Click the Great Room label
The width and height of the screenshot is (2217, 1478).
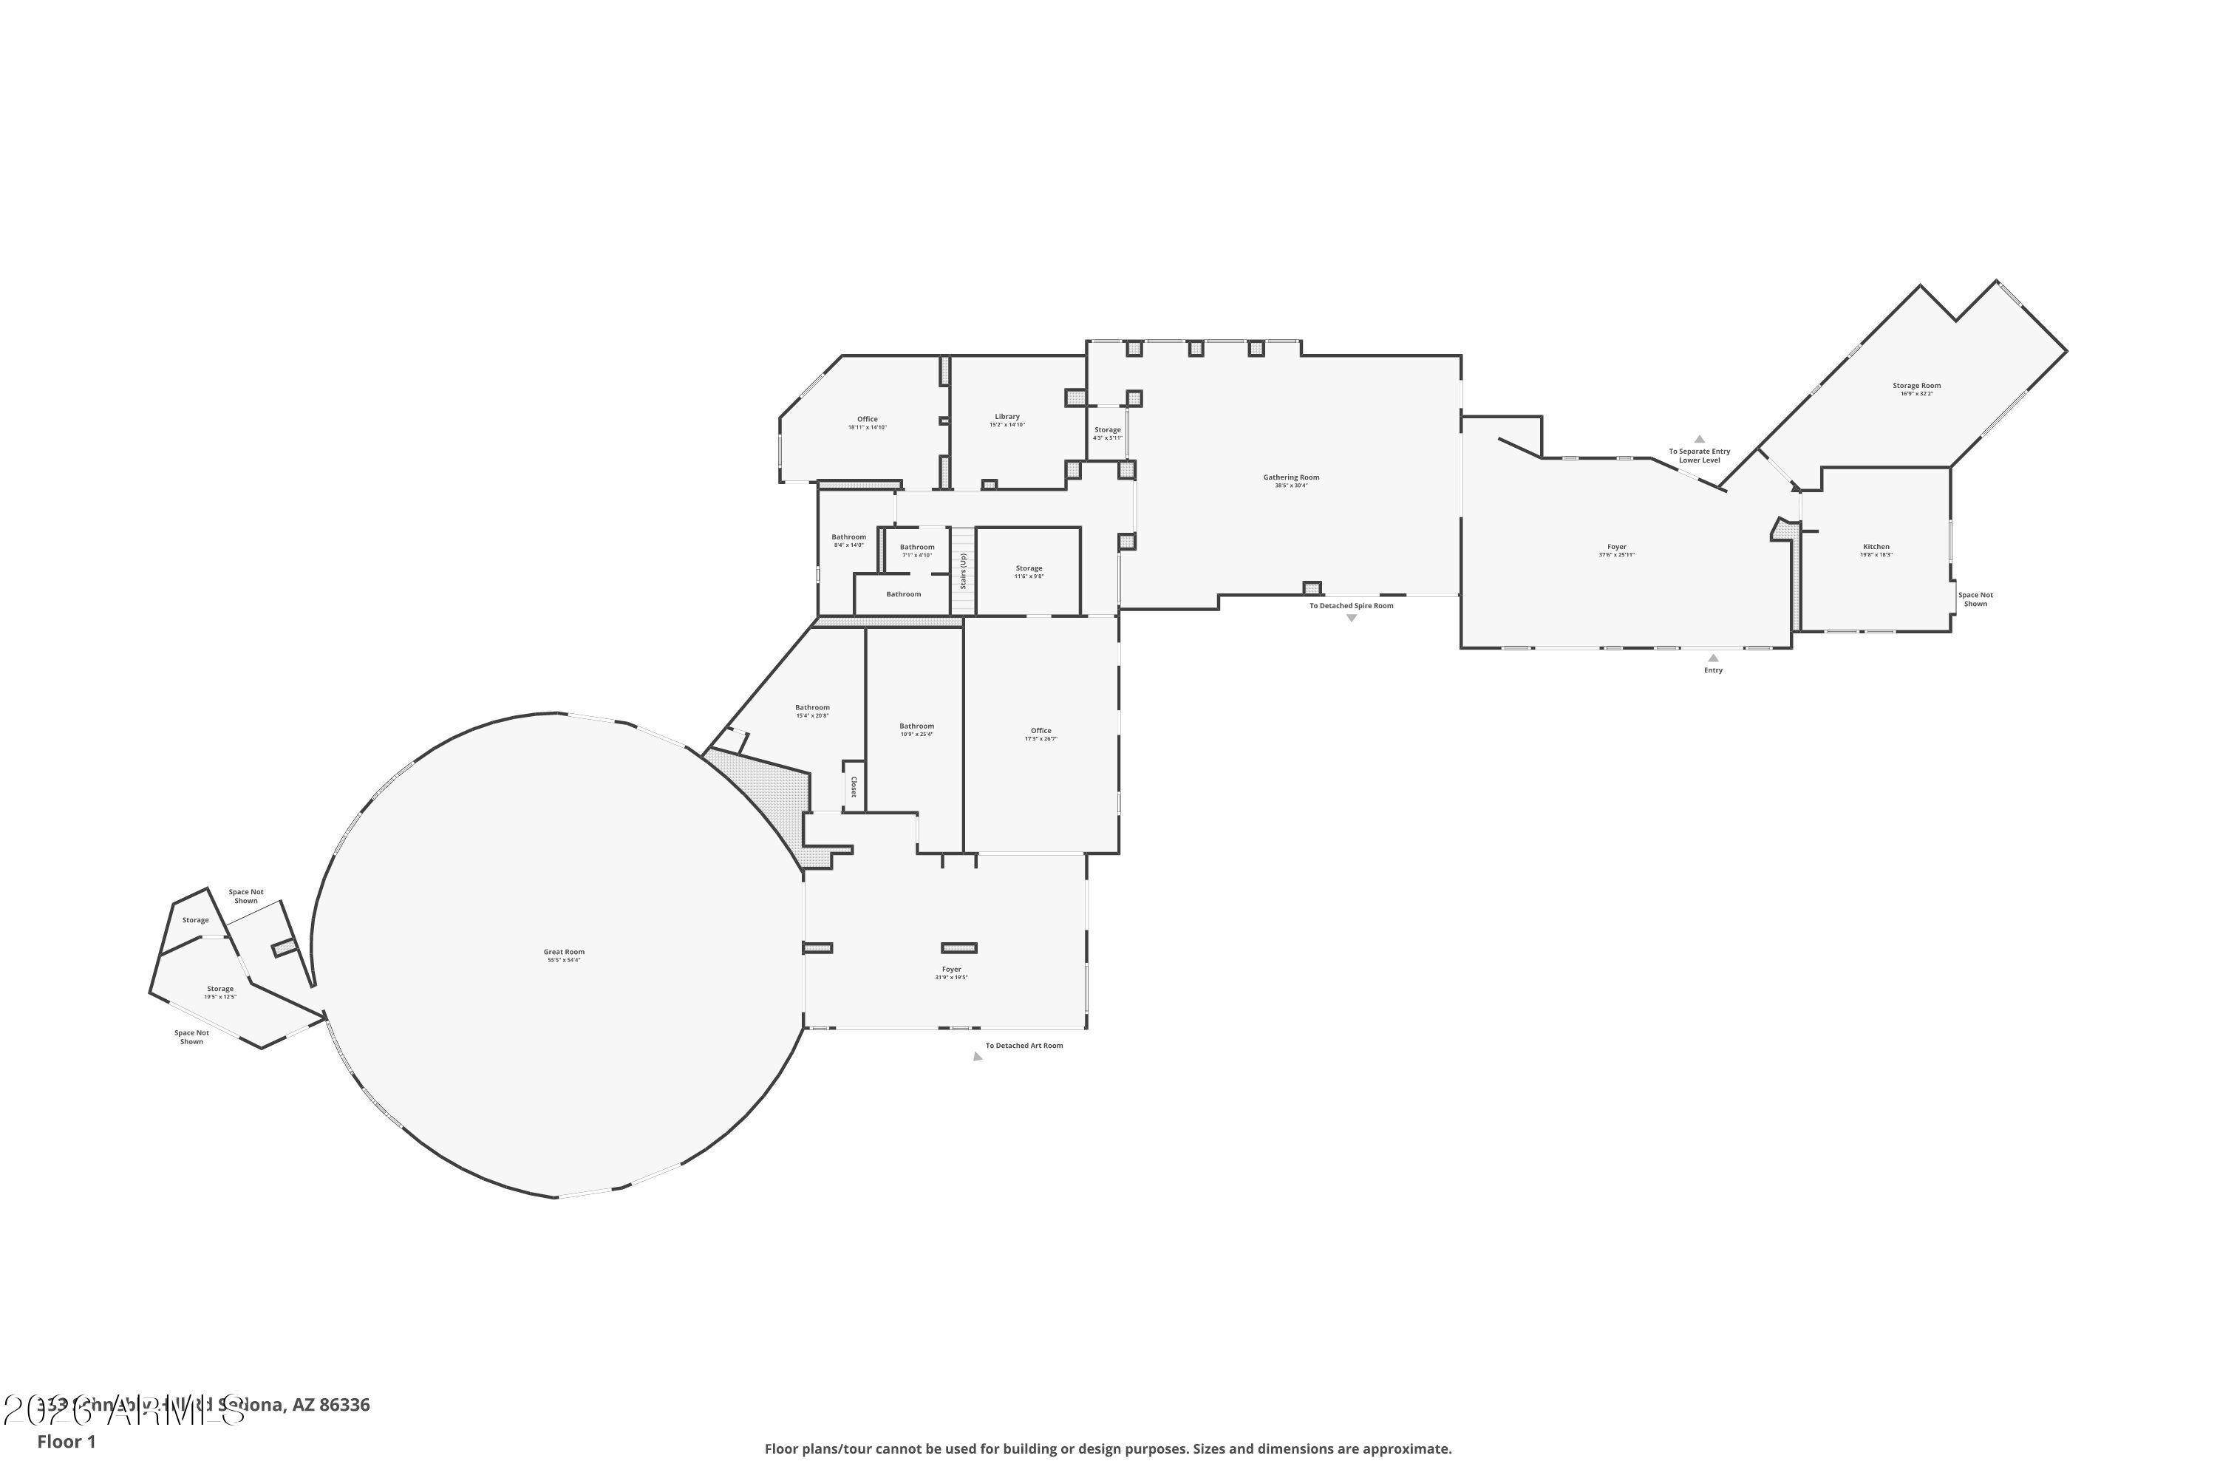click(x=564, y=952)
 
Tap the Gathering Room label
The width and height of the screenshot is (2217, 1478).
click(x=1291, y=477)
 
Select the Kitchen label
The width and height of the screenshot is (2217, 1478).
click(x=1876, y=547)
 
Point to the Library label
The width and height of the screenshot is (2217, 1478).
click(x=1007, y=417)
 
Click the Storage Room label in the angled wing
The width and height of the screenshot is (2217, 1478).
click(x=1916, y=386)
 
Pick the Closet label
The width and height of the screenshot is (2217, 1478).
click(x=854, y=786)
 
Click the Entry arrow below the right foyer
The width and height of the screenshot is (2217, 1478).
click(x=1713, y=658)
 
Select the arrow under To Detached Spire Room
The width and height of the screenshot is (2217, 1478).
click(x=1351, y=619)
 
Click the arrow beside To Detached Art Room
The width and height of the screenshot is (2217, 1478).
click(x=978, y=1057)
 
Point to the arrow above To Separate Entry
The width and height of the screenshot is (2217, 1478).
click(x=1700, y=439)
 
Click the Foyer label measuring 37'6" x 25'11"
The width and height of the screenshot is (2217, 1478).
click(x=1617, y=547)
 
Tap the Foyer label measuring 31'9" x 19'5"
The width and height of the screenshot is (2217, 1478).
click(x=951, y=969)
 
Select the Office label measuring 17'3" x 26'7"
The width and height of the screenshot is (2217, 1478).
click(x=1041, y=731)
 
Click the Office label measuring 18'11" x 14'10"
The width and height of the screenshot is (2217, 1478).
click(x=867, y=420)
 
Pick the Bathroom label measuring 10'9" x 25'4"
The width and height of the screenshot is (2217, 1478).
click(x=916, y=726)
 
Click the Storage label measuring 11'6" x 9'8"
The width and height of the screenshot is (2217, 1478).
click(x=1029, y=568)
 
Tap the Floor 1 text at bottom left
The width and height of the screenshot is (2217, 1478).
click(x=66, y=1441)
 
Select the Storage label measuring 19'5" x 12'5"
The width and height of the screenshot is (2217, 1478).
click(x=219, y=989)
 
